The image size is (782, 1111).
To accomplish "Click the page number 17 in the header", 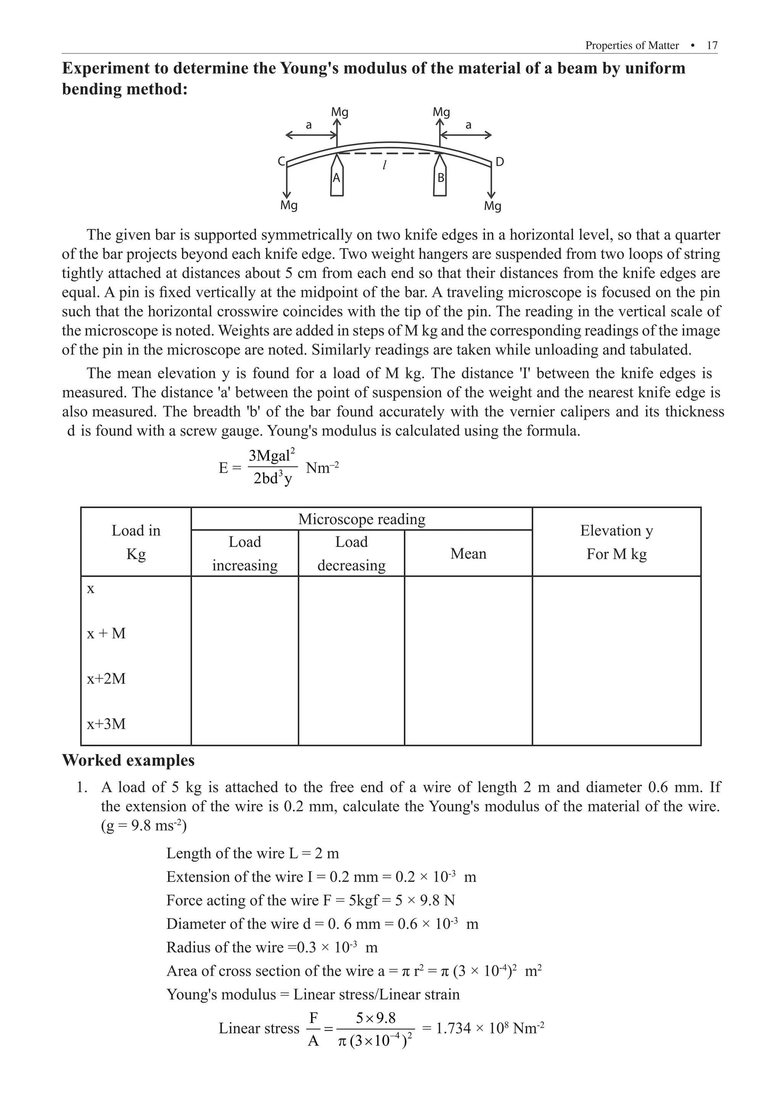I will coord(711,45).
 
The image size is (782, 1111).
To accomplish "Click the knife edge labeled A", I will coord(337,178).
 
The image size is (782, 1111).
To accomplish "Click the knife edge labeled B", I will coord(440,178).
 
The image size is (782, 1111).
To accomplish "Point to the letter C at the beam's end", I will coord(281,161).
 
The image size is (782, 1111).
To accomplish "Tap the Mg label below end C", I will coord(289,205).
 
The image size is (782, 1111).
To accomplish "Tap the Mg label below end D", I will coord(493,206).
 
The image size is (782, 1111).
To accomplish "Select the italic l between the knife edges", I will coord(384,165).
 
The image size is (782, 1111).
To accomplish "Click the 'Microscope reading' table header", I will coord(362,519).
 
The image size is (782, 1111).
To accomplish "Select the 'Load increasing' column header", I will coord(245,554).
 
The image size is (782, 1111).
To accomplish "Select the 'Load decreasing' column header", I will coord(351,554).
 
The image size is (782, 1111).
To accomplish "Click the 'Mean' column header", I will coord(468,554).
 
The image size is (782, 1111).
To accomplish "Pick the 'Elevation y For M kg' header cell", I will coord(617,542).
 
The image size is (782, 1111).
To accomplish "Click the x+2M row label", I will coord(107,678).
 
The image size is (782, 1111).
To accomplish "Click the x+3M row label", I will coord(107,724).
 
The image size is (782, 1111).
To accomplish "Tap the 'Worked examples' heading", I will coord(128,760).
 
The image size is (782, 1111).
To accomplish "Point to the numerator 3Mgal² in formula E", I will coord(271,455).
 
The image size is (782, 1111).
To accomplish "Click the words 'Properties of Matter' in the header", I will coord(632,45).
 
